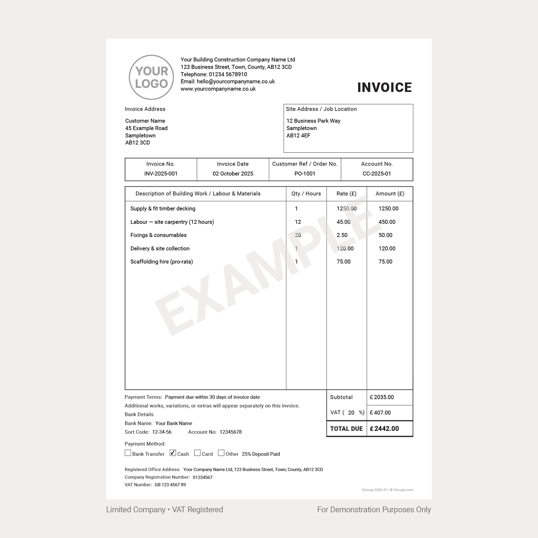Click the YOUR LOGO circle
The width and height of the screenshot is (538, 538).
(x=151, y=77)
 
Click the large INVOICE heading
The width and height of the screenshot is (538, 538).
(x=384, y=87)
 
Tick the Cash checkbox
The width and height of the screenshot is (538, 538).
(x=173, y=453)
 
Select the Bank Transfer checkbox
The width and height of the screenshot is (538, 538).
(x=128, y=453)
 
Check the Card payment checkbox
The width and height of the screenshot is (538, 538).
(x=197, y=453)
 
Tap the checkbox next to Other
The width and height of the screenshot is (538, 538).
(x=221, y=453)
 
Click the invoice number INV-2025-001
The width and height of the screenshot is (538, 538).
(x=161, y=174)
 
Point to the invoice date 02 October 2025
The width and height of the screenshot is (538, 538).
(x=233, y=174)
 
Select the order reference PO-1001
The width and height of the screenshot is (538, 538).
(x=305, y=174)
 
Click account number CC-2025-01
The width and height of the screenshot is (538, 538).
(x=377, y=174)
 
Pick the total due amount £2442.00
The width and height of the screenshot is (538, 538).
(x=384, y=429)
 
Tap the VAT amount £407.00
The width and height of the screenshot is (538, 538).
(x=380, y=413)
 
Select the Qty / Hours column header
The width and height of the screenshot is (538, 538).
(x=306, y=194)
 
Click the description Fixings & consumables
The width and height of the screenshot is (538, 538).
(x=158, y=235)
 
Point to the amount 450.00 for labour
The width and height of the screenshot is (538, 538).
(x=387, y=222)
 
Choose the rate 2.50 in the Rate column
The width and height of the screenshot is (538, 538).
(x=342, y=235)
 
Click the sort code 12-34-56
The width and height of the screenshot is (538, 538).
(x=162, y=432)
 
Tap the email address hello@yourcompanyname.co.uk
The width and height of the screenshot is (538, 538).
(x=236, y=82)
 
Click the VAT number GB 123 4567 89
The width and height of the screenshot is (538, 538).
(x=170, y=485)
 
